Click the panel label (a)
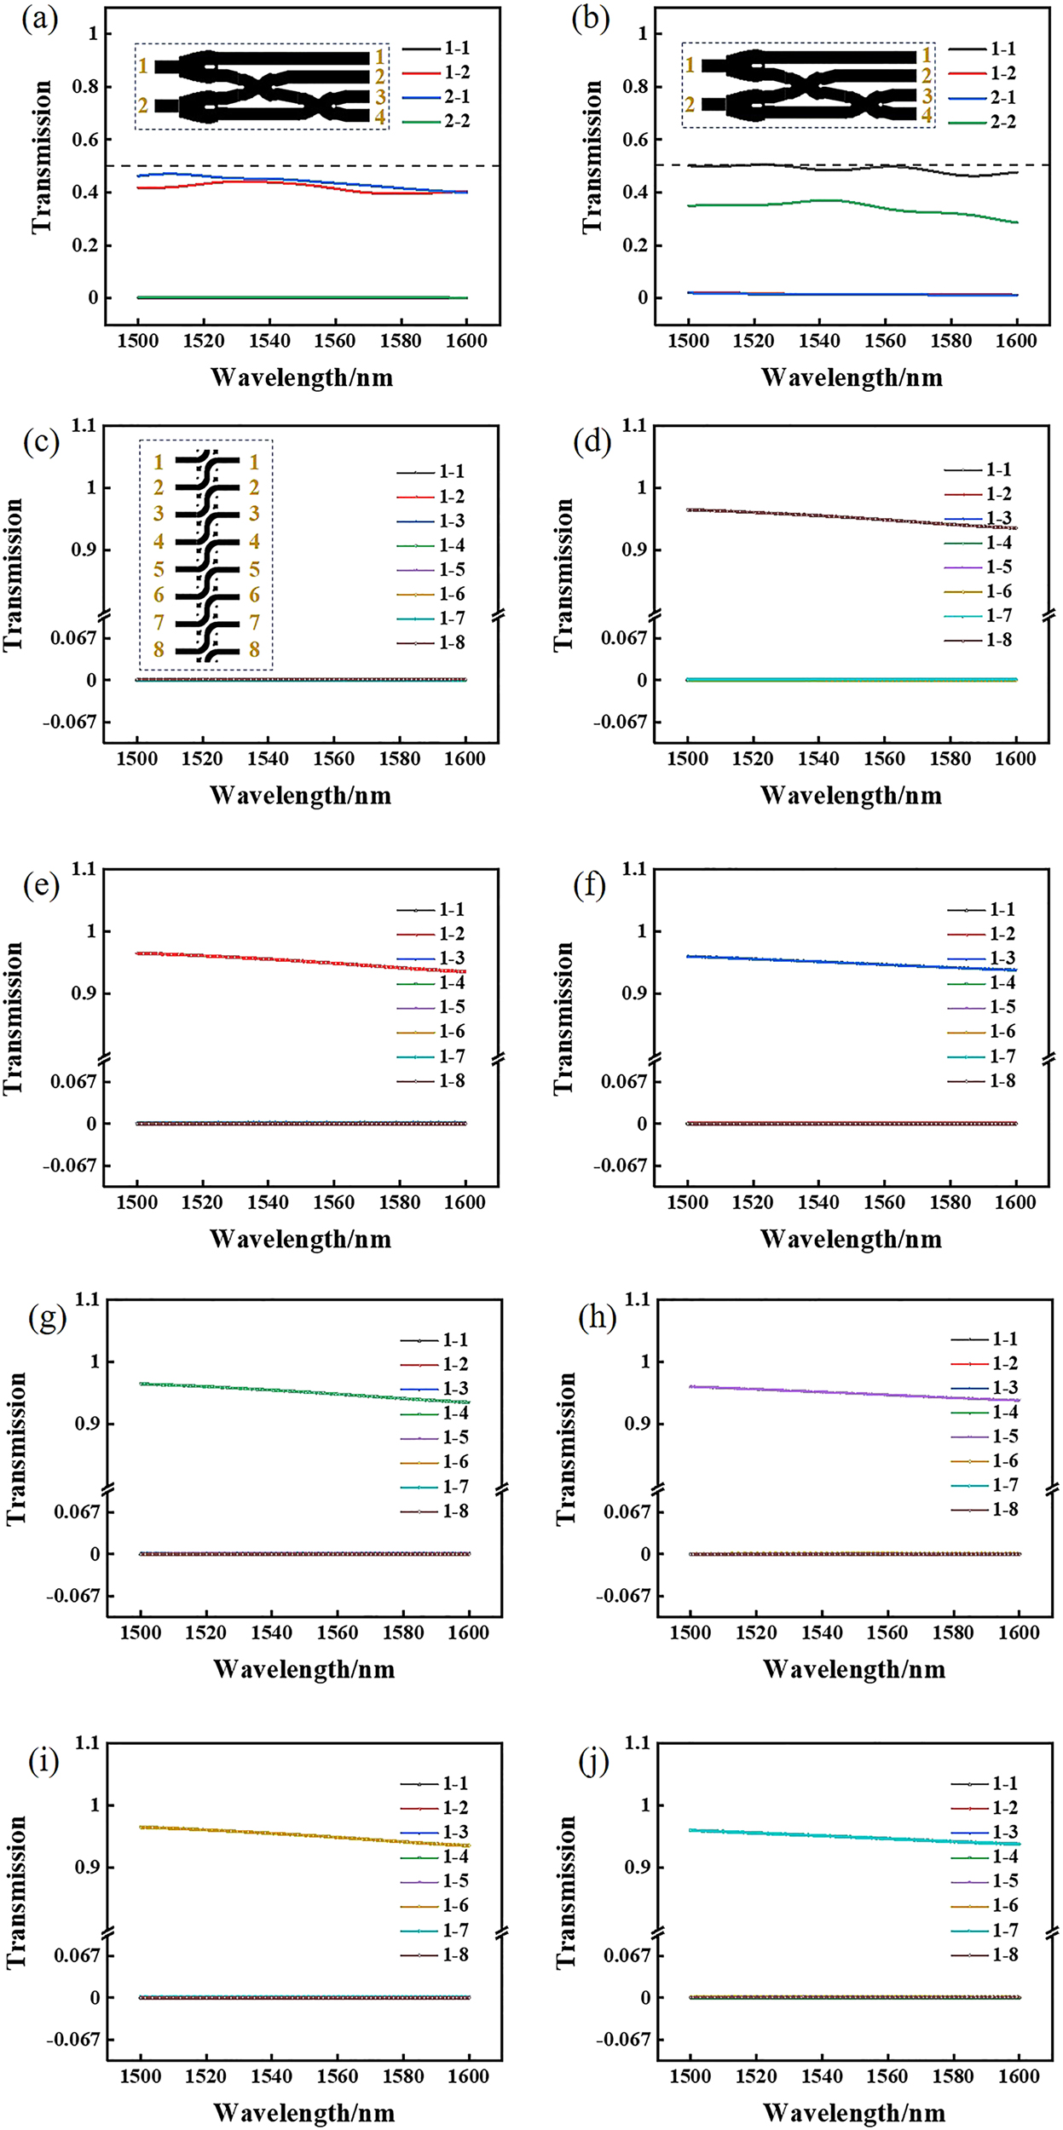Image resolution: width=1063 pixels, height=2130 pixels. pos(40,19)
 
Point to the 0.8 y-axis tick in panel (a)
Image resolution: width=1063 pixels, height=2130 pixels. pos(87,87)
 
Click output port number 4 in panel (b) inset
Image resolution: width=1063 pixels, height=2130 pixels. pos(927,116)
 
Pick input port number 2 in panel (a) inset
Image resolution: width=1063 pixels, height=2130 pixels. pos(143,106)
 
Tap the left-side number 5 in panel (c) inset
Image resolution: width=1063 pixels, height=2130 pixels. pos(159,569)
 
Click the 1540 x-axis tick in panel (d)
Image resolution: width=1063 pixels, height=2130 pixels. pos(818,759)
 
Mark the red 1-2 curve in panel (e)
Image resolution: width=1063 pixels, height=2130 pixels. pos(298,960)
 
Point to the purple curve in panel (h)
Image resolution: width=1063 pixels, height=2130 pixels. pos(852,1393)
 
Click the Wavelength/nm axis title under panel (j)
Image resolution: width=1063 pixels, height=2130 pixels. pos(853,2113)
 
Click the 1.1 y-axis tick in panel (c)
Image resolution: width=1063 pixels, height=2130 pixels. pos(84,425)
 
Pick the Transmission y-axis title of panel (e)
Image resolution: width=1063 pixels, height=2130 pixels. pos(14,1018)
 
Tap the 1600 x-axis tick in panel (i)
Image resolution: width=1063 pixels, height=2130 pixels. pos(468,2076)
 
